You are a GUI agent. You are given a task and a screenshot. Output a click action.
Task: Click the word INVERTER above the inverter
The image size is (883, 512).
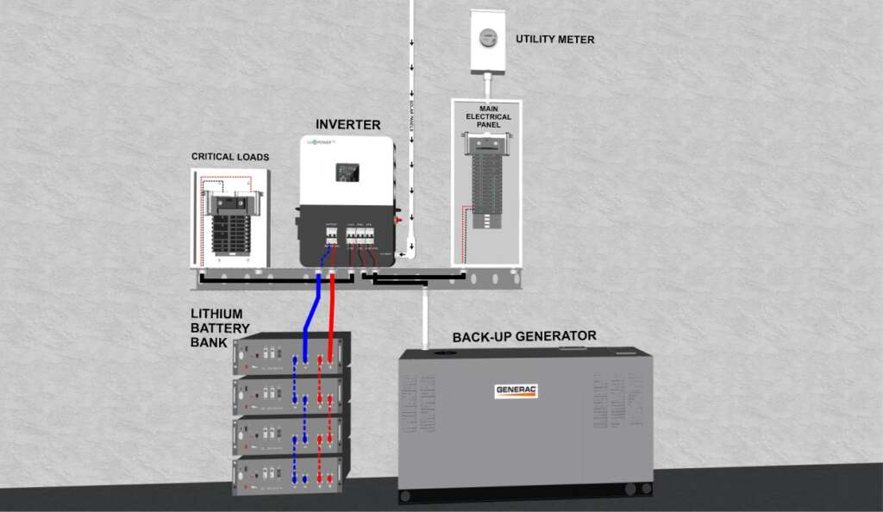click(x=348, y=125)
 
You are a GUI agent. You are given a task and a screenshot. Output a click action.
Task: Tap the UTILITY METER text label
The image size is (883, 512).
click(x=554, y=40)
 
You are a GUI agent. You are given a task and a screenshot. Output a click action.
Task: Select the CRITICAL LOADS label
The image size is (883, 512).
click(x=230, y=158)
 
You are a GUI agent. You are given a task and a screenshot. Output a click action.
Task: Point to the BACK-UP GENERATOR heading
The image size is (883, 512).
click(x=524, y=336)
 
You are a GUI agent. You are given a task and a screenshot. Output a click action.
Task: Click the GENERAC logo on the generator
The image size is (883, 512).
click(x=517, y=390)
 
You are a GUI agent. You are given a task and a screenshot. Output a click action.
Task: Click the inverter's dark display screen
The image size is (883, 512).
click(x=348, y=173)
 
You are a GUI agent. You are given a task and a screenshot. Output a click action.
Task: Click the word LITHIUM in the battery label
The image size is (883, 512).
click(x=217, y=314)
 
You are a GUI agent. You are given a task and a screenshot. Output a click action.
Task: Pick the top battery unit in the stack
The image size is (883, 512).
click(x=291, y=354)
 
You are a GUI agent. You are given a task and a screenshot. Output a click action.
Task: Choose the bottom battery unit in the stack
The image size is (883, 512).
click(x=291, y=471)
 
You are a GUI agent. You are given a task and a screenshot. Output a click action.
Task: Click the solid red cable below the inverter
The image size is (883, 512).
click(x=332, y=302)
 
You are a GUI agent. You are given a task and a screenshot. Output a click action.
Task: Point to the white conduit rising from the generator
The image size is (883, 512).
click(x=426, y=319)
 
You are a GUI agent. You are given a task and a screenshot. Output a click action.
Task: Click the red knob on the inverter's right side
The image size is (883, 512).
click(x=398, y=220)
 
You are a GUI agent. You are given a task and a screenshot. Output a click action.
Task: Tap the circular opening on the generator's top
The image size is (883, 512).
click(x=445, y=354)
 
